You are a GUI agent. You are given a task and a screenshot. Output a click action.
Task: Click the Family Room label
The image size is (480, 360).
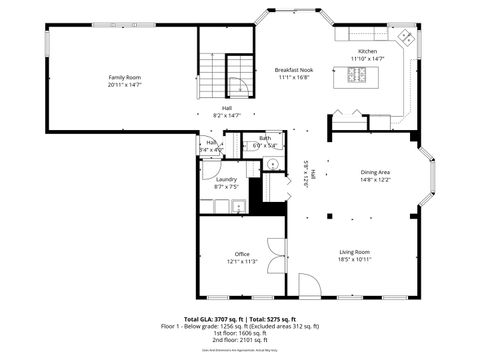click(x=125, y=77)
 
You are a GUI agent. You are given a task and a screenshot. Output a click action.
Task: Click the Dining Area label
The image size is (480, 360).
click(x=375, y=173)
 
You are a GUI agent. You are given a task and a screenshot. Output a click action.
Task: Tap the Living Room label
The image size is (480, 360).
click(x=354, y=251)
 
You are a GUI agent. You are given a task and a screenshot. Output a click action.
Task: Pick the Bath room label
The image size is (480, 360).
click(x=265, y=138)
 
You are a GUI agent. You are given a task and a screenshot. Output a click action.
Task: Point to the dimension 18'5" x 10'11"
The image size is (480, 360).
click(x=354, y=259)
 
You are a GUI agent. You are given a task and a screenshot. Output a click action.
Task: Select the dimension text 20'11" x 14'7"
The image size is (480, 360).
click(x=125, y=85)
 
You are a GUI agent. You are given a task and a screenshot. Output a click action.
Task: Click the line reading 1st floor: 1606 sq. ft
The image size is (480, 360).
click(x=240, y=333)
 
